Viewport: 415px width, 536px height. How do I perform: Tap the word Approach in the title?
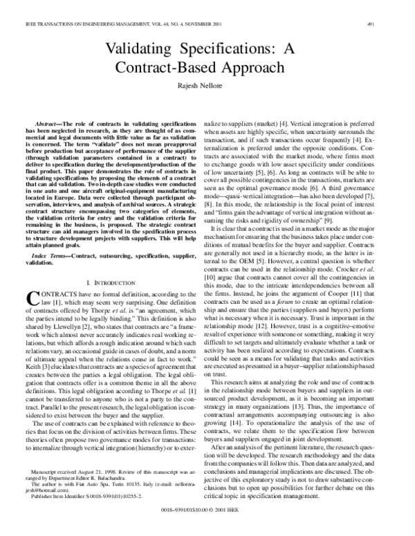coord(257,69)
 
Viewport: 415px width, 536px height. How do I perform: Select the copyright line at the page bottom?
coord(207,526)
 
